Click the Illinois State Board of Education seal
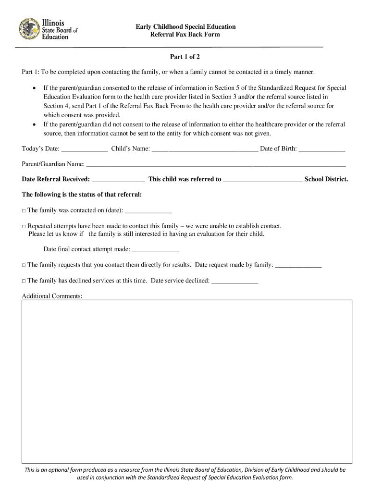29,29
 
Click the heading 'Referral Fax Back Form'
185,35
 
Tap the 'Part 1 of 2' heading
185,57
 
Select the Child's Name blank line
205,149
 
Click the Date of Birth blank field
322,149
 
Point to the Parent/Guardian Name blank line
216,164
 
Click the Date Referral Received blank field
118,180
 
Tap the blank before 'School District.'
263,180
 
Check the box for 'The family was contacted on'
24,211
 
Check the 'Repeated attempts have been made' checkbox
24,226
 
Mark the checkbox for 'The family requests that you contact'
24,265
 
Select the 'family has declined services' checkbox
24,281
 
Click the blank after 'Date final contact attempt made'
155,250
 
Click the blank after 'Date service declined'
235,281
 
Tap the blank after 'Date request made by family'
298,265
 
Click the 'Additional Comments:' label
52,296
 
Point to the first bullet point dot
34,88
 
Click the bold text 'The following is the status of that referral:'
82,195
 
